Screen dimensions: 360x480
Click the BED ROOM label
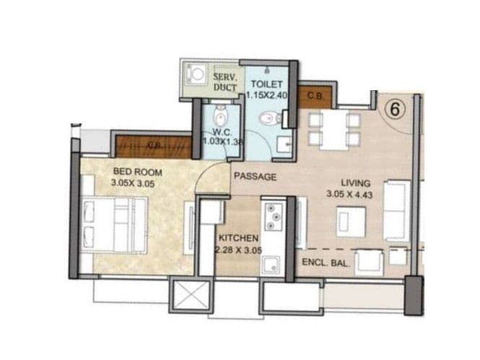(137, 172)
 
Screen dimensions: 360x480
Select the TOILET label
(266, 84)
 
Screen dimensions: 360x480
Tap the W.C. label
(221, 132)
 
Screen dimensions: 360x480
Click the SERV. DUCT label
(224, 81)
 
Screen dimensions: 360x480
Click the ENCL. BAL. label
(326, 263)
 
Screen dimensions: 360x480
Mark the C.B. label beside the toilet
(314, 95)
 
